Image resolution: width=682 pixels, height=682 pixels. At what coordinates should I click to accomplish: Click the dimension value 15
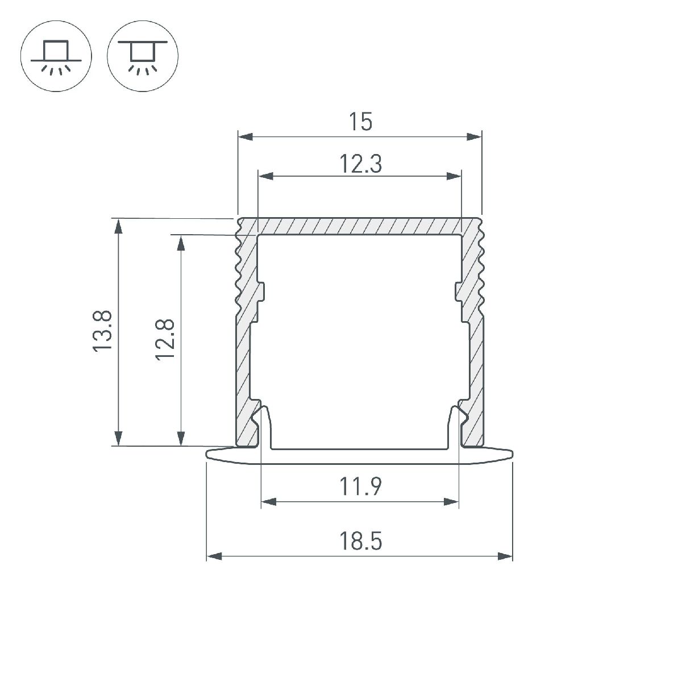[360, 122]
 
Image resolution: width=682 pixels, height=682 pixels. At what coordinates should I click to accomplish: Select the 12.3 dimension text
[361, 164]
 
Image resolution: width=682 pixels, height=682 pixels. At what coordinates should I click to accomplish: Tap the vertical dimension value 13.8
[102, 331]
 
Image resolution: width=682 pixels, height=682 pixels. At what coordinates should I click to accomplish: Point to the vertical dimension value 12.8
[165, 340]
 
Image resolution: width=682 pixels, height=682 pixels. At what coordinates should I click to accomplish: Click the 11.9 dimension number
[361, 486]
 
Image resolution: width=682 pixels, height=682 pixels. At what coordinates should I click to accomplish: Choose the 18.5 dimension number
[361, 541]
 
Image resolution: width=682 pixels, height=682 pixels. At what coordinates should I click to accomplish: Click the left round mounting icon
[56, 56]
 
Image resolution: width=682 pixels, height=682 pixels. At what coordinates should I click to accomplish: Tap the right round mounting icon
[143, 56]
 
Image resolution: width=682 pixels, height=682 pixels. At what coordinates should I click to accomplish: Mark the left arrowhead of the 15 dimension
[246, 136]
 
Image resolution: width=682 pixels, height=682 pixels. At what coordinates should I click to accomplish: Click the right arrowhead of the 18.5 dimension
[505, 556]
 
